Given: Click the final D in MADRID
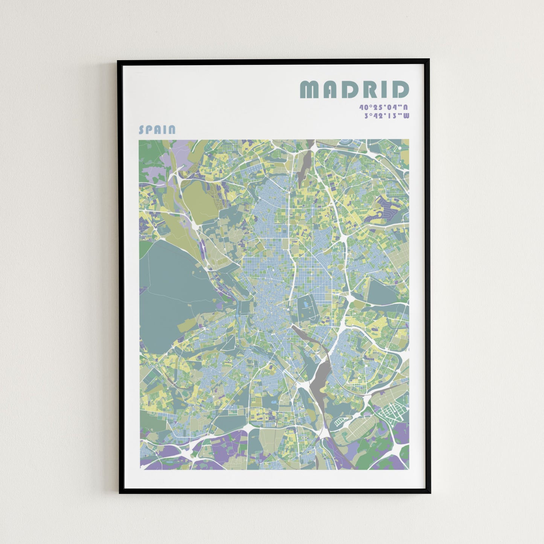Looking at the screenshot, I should coord(400,90).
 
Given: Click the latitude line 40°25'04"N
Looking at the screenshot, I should coord(384,107).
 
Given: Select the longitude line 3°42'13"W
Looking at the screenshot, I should coord(386,116).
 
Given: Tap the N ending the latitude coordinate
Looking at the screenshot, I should coord(405,107).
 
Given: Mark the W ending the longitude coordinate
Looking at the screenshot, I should coord(405,116).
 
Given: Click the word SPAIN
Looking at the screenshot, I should coord(157,130).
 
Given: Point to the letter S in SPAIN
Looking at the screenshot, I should coord(142,130).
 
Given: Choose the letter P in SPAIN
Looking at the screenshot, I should coord(149,130).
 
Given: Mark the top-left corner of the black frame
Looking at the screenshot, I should coord(119,60).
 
